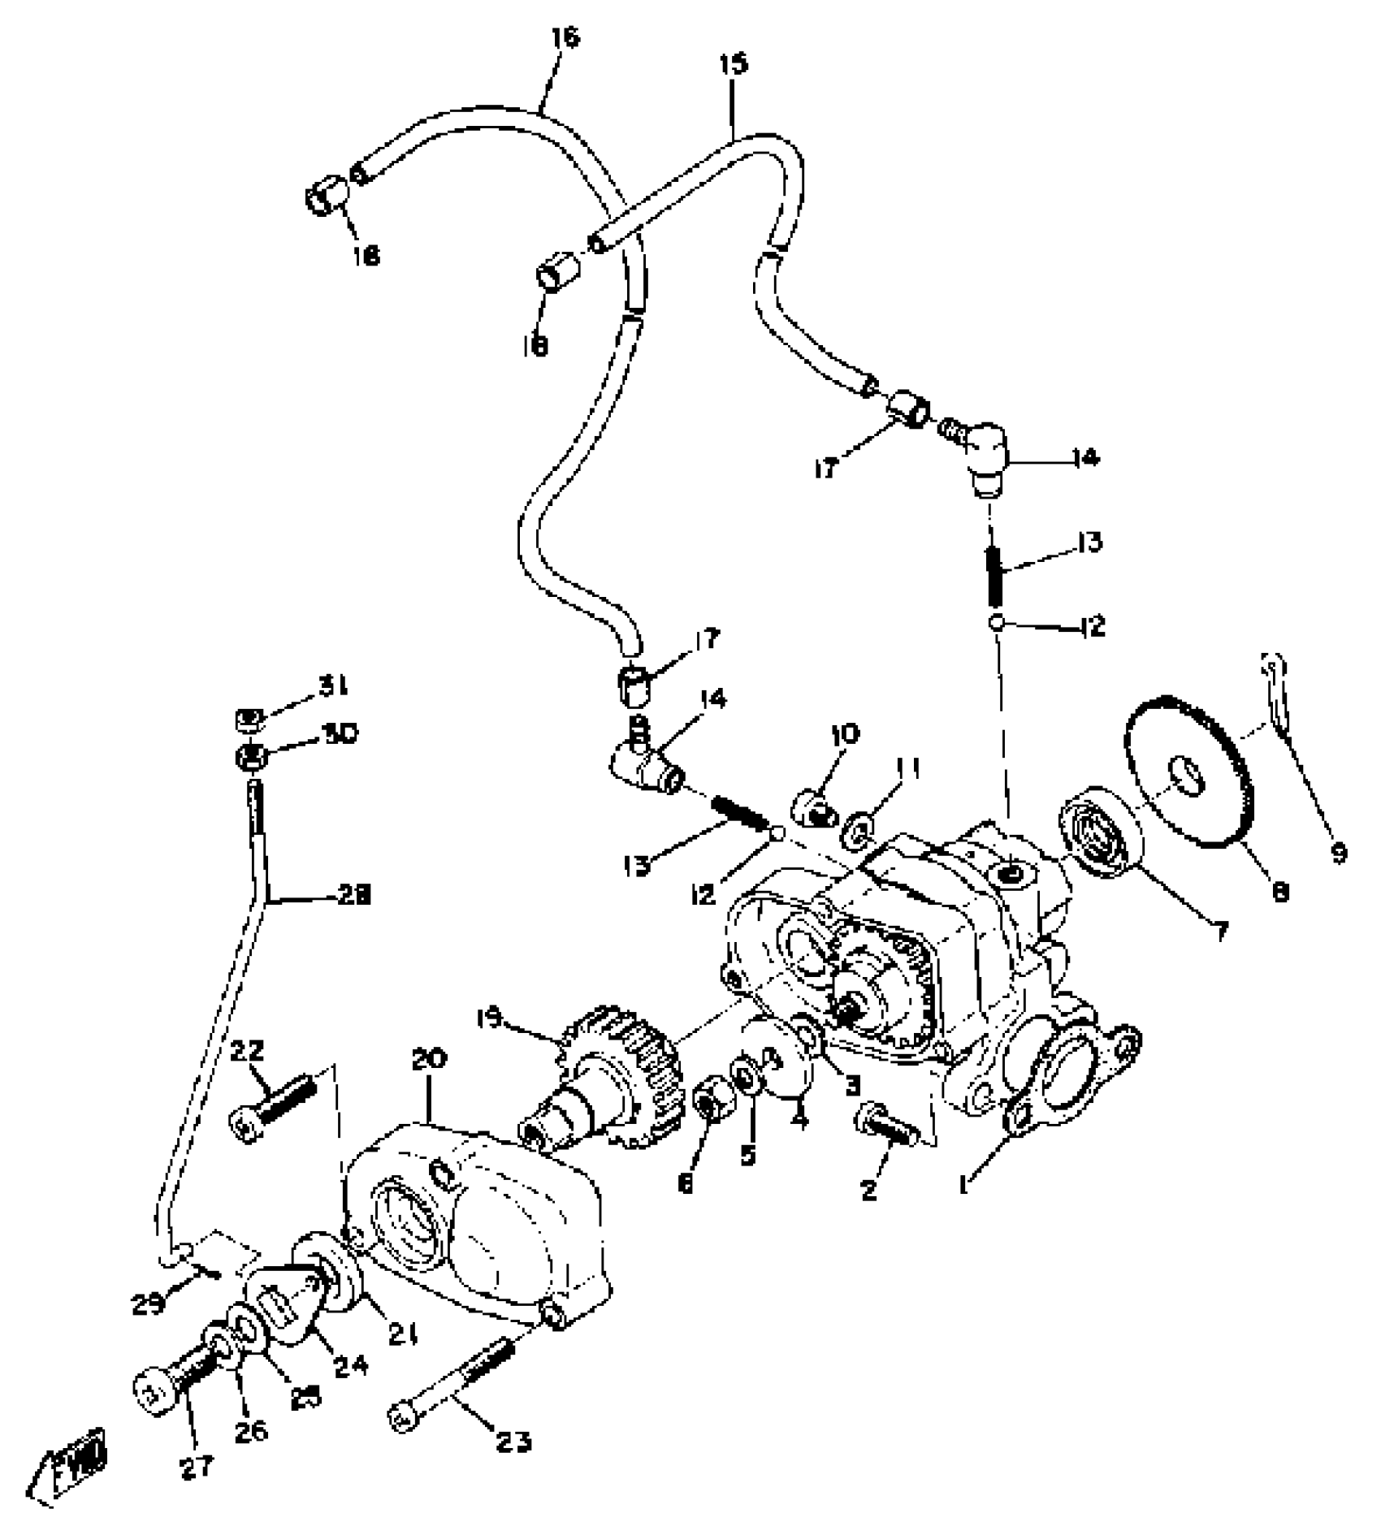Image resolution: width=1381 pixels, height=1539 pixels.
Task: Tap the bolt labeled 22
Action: tap(267, 1105)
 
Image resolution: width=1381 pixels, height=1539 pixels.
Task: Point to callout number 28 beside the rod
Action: tap(353, 896)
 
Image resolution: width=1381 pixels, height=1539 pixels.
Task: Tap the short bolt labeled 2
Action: tap(884, 1124)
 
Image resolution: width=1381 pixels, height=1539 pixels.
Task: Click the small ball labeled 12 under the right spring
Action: tap(998, 624)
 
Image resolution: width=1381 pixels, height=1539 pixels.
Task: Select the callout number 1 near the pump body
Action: tap(964, 1187)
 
